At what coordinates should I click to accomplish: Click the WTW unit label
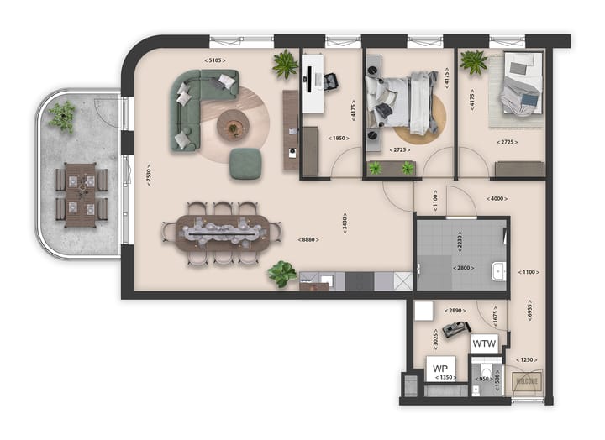[484, 343]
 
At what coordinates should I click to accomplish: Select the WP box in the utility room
[439, 369]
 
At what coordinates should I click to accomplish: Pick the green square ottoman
[248, 163]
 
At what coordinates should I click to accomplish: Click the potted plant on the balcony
[61, 116]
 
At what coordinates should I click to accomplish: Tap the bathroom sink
[497, 271]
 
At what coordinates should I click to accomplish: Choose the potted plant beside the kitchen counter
[282, 273]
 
